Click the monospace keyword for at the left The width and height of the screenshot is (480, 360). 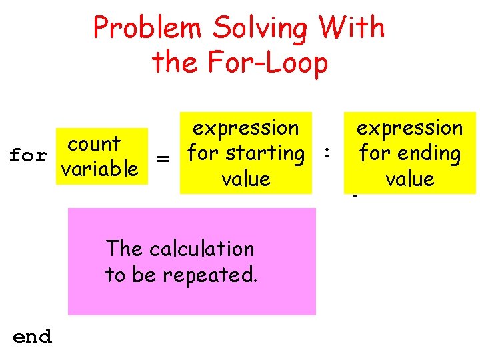point(28,156)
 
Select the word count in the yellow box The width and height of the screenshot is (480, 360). point(94,143)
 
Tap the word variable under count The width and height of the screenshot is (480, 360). point(99,169)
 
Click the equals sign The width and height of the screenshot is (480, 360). point(161,159)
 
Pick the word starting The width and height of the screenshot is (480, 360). point(265,153)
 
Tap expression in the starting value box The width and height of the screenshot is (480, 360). point(245,127)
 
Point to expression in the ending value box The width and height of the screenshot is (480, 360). point(409,127)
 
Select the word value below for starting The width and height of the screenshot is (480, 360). point(246,179)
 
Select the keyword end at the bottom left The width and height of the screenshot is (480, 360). point(32,337)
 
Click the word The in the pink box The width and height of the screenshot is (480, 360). point(125,249)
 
